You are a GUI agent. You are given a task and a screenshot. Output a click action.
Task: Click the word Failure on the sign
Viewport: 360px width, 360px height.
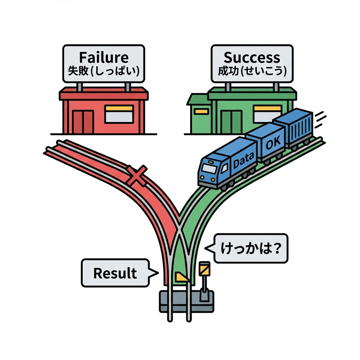pyautogui.click(x=103, y=57)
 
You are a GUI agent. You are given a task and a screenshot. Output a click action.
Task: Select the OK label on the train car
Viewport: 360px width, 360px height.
pyautogui.click(x=271, y=144)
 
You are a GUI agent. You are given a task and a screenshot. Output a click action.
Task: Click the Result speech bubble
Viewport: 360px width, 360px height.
pyautogui.click(x=115, y=273)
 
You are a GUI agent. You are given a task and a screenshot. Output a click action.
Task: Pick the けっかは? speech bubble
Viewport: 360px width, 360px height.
pyautogui.click(x=251, y=248)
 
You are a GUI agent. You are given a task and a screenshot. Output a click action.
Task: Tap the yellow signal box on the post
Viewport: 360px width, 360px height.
pyautogui.click(x=204, y=269)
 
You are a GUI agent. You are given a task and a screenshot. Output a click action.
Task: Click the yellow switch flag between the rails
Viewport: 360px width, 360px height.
pyautogui.click(x=182, y=277)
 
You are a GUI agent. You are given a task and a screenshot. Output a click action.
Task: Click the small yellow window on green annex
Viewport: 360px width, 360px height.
pyautogui.click(x=201, y=111)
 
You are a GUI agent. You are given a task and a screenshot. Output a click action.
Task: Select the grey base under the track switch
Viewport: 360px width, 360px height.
pyautogui.click(x=186, y=302)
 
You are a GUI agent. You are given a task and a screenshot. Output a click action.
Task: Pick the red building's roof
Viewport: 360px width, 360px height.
pyautogui.click(x=103, y=94)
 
